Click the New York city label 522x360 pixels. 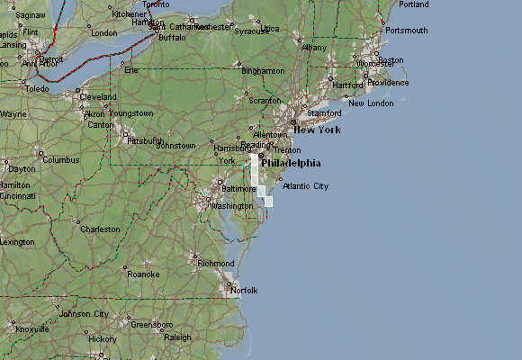[317, 130]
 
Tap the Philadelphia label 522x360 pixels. [291, 164]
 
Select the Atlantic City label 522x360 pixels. [305, 186]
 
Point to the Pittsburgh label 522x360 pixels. [146, 141]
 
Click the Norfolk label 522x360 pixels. [244, 291]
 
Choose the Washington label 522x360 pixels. [231, 206]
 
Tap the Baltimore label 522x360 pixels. [238, 189]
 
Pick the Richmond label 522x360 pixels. [216, 264]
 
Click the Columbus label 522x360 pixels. [61, 160]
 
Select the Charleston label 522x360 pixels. [100, 229]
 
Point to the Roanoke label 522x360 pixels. [143, 274]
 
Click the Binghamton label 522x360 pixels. [263, 70]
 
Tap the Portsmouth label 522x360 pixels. [406, 31]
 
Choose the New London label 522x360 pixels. [371, 103]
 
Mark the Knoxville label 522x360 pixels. [31, 329]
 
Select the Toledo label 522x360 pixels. [37, 90]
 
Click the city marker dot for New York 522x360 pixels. [292, 122]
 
